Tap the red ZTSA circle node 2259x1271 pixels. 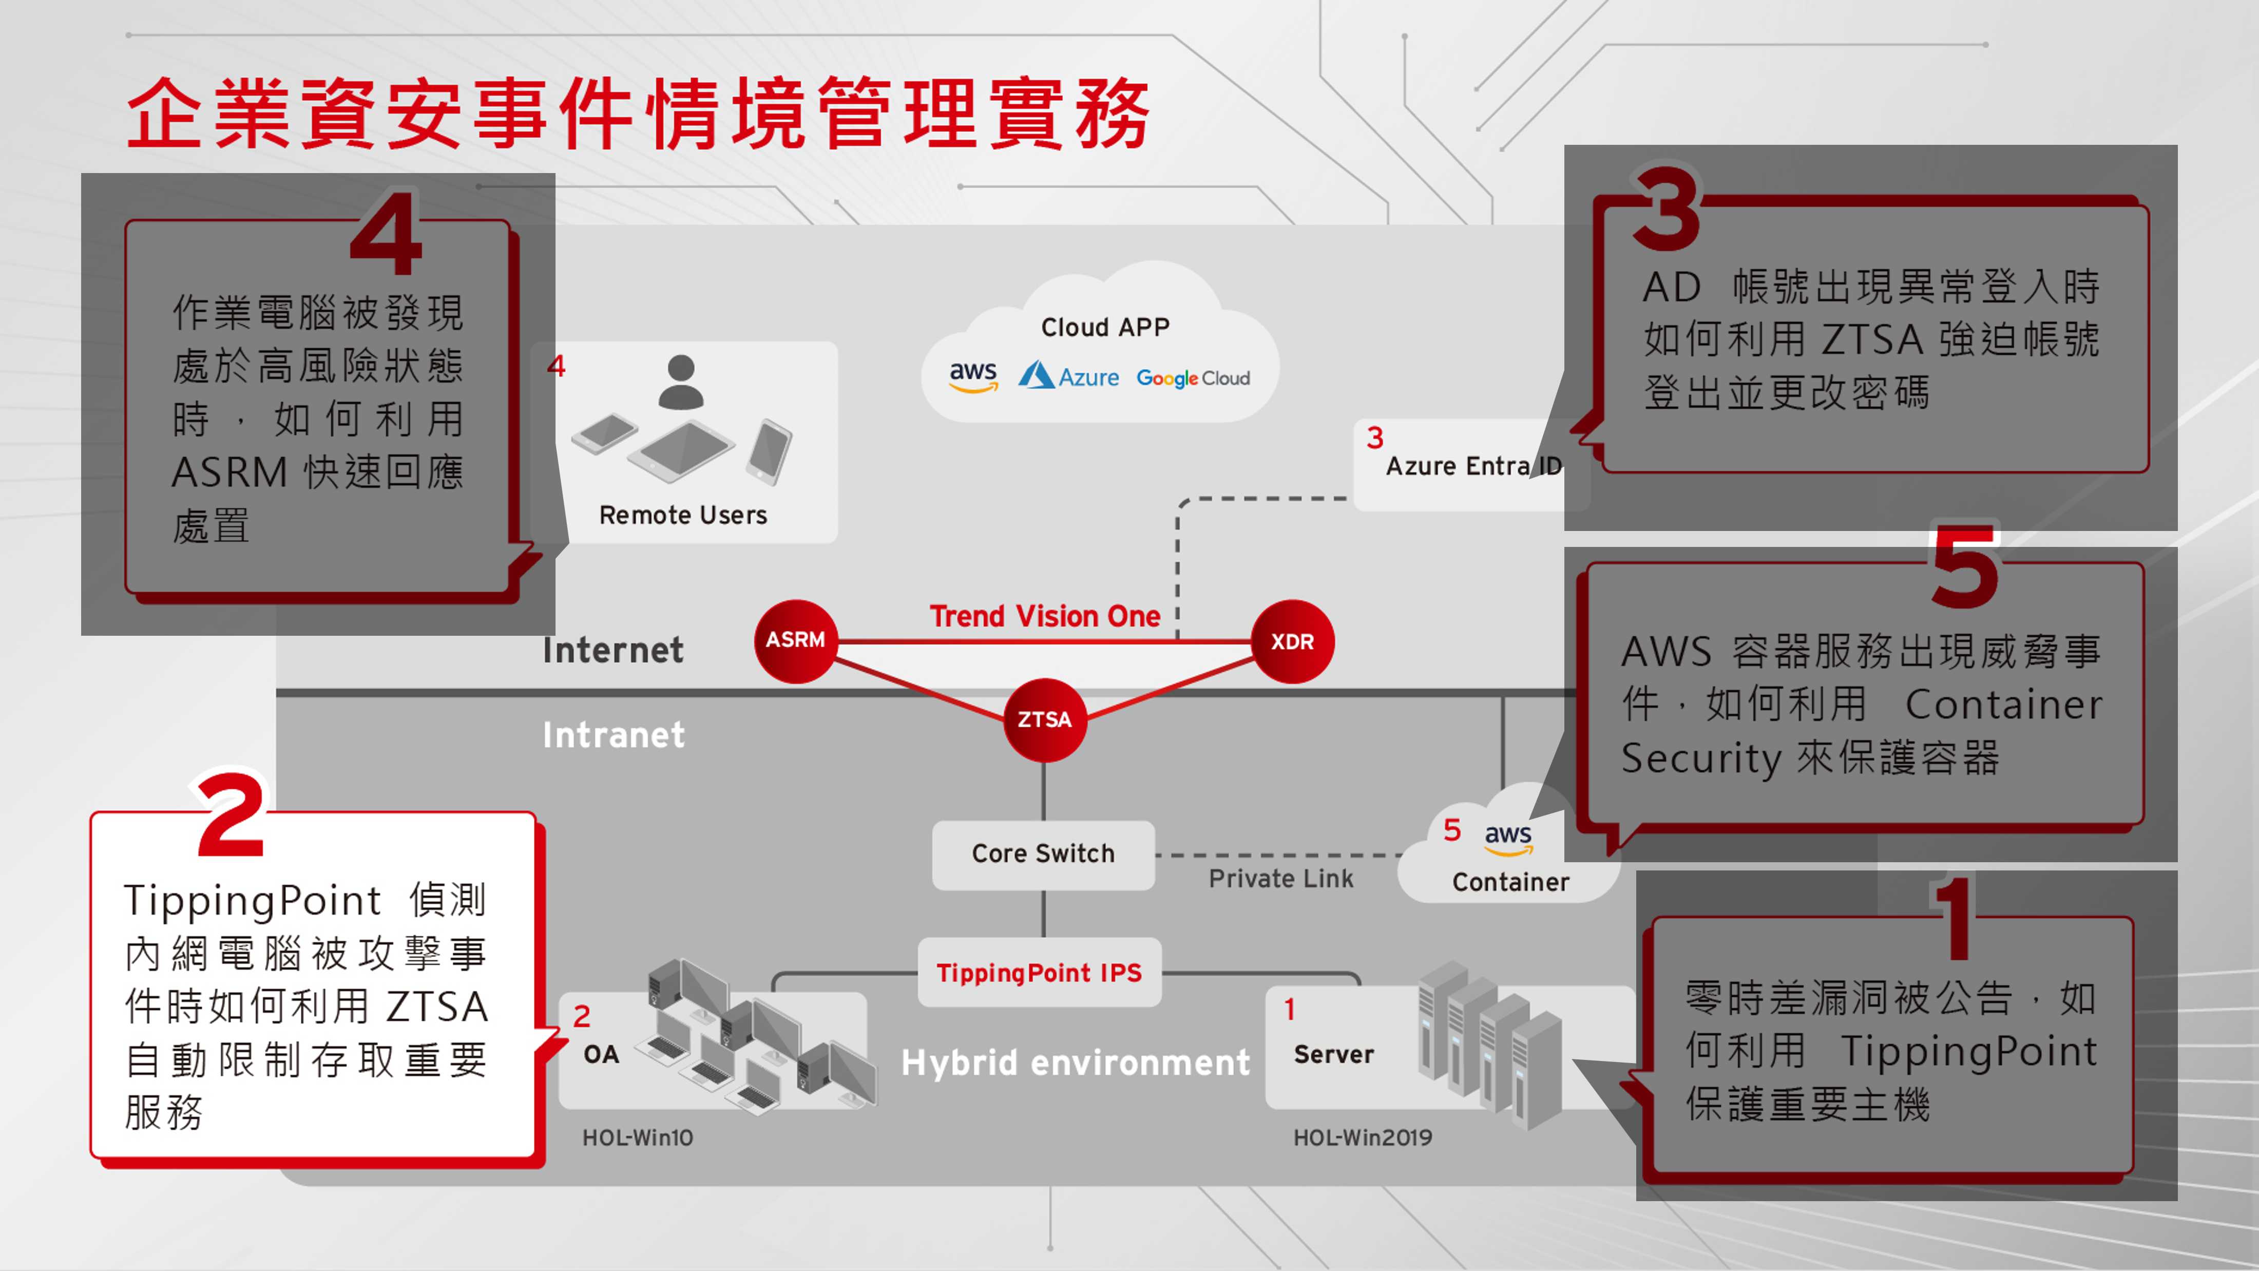1044,720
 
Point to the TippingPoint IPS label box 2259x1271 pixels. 1039,973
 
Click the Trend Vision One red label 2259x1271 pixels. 1044,617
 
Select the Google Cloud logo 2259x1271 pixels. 1193,378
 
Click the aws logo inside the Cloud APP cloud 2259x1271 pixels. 972,375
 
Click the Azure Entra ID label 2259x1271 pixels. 1473,466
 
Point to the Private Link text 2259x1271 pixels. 1280,879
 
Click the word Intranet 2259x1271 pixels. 613,735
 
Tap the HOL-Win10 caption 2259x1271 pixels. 638,1137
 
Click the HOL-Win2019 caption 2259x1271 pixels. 1362,1137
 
